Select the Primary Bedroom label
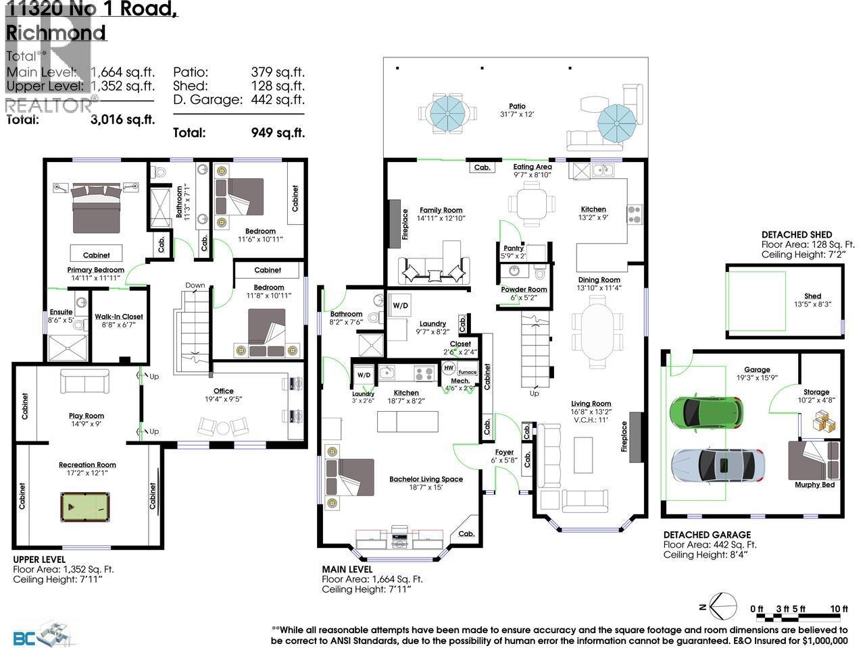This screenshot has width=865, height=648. [95, 269]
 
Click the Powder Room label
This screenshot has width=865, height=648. [524, 289]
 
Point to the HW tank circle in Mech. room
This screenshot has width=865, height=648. [449, 368]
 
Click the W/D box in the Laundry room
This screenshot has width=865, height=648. [400, 306]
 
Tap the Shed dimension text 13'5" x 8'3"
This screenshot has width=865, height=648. [812, 304]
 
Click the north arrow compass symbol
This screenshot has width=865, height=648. [724, 605]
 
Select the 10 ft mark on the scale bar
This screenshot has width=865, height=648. [839, 609]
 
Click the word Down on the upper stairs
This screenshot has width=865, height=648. [195, 286]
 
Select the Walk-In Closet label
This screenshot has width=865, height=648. [119, 317]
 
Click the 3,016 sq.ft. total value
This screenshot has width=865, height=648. [122, 120]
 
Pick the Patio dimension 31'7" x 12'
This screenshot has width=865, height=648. [517, 115]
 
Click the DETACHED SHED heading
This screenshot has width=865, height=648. [796, 234]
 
